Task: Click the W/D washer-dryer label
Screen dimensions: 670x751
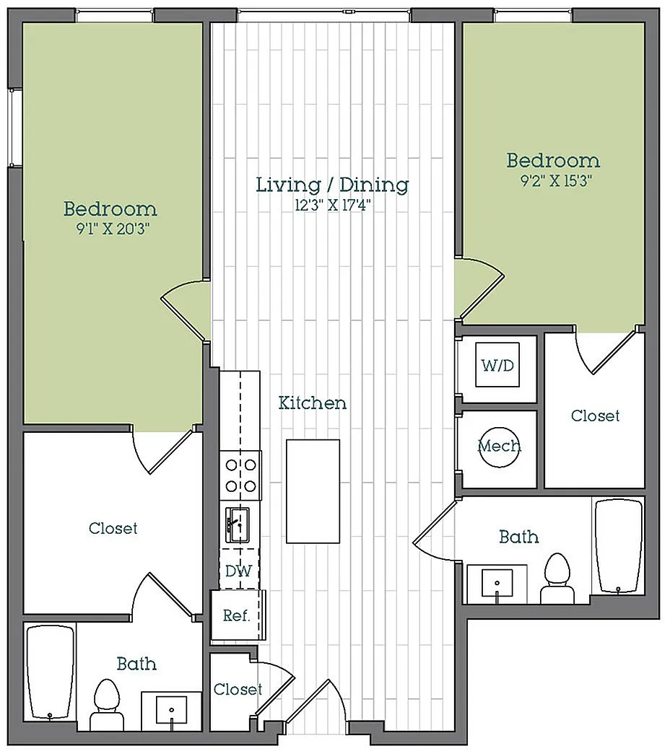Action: (497, 366)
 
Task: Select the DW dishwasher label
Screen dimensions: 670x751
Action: (239, 571)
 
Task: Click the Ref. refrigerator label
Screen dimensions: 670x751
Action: (237, 615)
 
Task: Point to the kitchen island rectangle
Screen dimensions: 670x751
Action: (313, 491)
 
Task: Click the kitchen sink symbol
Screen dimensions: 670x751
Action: (238, 525)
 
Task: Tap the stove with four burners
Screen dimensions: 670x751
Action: (240, 475)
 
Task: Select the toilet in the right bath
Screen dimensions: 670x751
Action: (557, 579)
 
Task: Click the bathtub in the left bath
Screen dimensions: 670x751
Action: (51, 672)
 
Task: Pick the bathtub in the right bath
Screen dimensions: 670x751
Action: (618, 546)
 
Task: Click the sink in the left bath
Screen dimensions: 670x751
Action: (171, 711)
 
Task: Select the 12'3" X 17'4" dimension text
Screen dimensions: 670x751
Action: (333, 205)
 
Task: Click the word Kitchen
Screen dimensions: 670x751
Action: (313, 403)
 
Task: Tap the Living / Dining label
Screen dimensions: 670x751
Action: (333, 185)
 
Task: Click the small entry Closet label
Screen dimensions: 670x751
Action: (238, 689)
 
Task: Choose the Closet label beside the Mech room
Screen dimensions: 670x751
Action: (595, 416)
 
